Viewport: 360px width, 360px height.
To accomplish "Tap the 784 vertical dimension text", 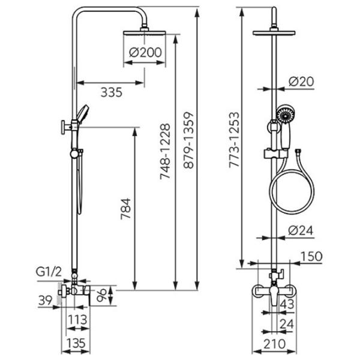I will click(x=124, y=208).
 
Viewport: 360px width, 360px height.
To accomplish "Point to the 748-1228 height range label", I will click(x=166, y=152).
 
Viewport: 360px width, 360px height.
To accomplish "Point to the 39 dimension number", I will click(x=43, y=298).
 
